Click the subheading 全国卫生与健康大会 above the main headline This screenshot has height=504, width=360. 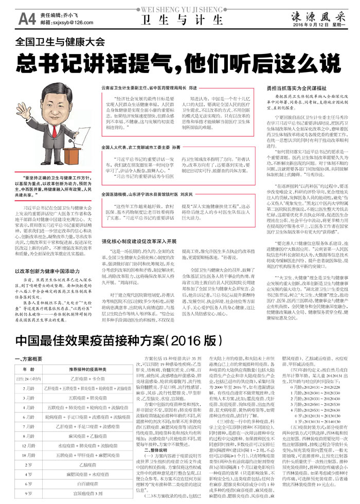(60, 42)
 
